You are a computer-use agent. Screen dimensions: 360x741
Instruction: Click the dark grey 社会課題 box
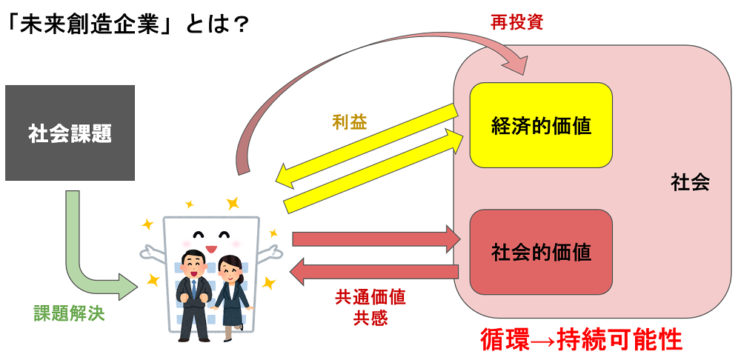coord(70,133)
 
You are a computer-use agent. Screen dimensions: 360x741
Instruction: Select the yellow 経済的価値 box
coord(541,125)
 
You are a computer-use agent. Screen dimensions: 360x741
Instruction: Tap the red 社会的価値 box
coord(541,252)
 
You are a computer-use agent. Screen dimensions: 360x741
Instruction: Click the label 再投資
coord(516,22)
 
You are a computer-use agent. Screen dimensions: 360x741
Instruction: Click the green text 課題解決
coord(69,313)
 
